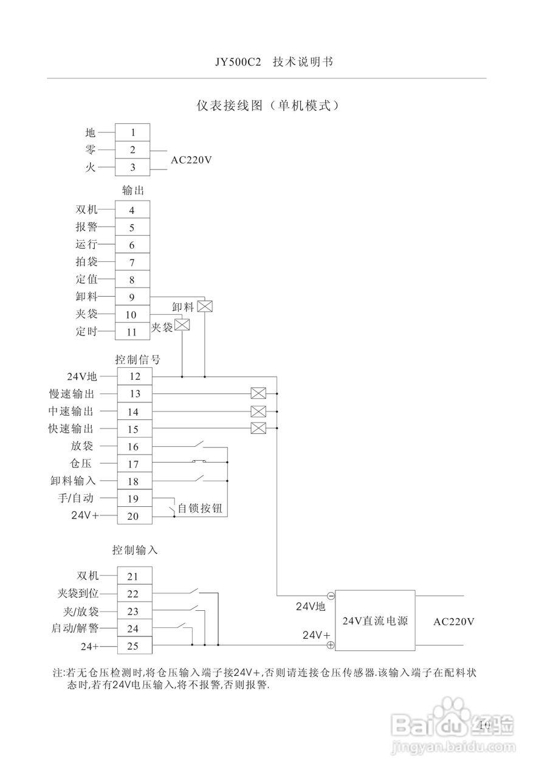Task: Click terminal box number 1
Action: [132, 132]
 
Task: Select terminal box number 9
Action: [132, 297]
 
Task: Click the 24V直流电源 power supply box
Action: [375, 621]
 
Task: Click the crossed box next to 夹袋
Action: [182, 325]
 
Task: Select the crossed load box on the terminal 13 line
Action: [258, 393]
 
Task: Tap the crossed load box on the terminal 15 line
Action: [258, 428]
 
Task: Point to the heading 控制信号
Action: [138, 359]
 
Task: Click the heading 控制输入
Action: [135, 550]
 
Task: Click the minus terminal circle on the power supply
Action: [331, 596]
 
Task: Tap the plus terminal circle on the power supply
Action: [331, 645]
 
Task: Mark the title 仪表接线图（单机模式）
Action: [267, 105]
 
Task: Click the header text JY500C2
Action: [237, 62]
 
